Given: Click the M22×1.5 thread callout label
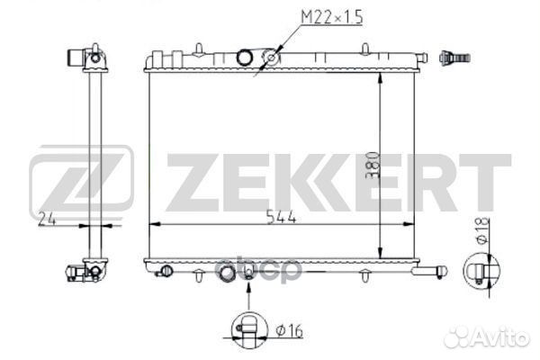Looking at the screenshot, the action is tap(332, 17).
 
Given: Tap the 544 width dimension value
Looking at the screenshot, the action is tap(282, 218).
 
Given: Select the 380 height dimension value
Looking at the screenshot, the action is tap(373, 165).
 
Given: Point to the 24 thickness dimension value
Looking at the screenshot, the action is tap(47, 219).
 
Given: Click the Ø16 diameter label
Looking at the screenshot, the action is tap(290, 331).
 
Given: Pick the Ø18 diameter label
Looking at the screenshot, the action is tap(482, 230).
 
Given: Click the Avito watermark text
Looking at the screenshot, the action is tap(487, 337).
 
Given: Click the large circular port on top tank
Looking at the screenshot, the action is tap(245, 58).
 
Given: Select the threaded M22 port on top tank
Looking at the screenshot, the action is tap(272, 58).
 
